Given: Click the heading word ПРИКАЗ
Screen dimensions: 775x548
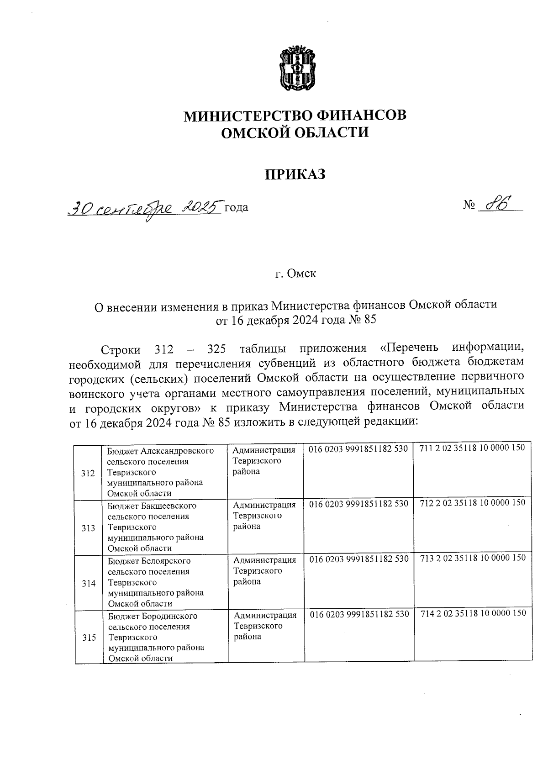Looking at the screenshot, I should (x=295, y=174).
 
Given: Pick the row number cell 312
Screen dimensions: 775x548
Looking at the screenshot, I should (x=88, y=473).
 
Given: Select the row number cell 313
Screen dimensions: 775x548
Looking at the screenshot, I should (x=88, y=528).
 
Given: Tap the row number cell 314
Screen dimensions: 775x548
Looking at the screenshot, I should (x=89, y=583).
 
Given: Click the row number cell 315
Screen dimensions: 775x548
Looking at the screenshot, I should (x=89, y=638).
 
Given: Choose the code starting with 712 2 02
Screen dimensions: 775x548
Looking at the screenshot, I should (x=472, y=503).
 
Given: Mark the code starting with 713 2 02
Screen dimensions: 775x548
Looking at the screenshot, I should (x=473, y=558).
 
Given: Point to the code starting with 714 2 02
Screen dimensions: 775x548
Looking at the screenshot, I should (x=473, y=613).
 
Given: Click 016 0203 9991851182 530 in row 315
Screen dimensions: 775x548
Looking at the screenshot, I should (x=359, y=614).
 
